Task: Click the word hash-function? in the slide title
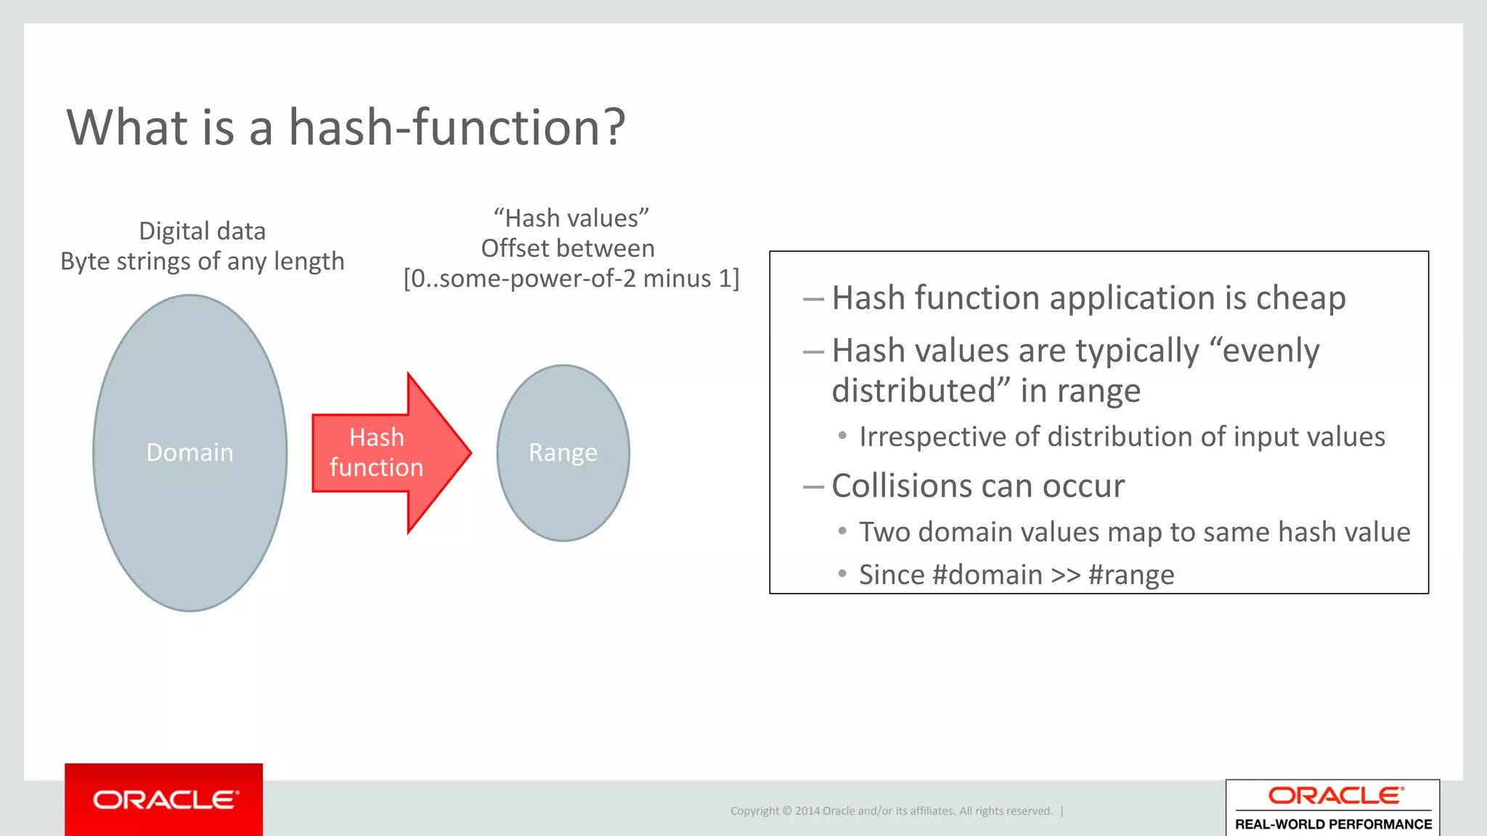click(x=457, y=128)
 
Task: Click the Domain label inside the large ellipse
click(x=190, y=452)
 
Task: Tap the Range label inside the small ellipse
click(x=563, y=452)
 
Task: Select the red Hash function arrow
click(x=385, y=453)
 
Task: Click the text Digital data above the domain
click(x=202, y=231)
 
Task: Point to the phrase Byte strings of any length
click(x=202, y=261)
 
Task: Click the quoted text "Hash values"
click(x=571, y=218)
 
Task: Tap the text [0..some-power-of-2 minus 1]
click(x=571, y=279)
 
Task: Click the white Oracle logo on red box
click(x=165, y=800)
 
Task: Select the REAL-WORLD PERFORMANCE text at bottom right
click(x=1333, y=824)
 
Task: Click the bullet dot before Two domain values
click(x=842, y=531)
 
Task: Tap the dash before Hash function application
click(x=813, y=299)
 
